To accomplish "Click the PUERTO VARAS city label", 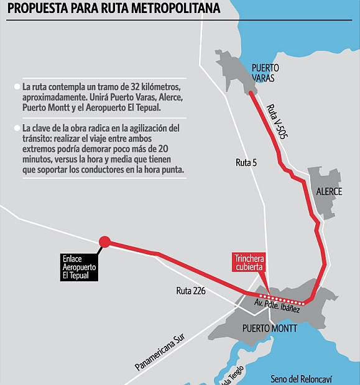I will pos(265,73).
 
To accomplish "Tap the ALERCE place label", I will pos(329,191).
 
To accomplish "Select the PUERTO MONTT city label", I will pos(270,327).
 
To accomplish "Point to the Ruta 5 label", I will pos(247,163).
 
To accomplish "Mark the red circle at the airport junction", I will pos(105,242).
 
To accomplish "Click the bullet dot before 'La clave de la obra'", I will pos(16,128).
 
